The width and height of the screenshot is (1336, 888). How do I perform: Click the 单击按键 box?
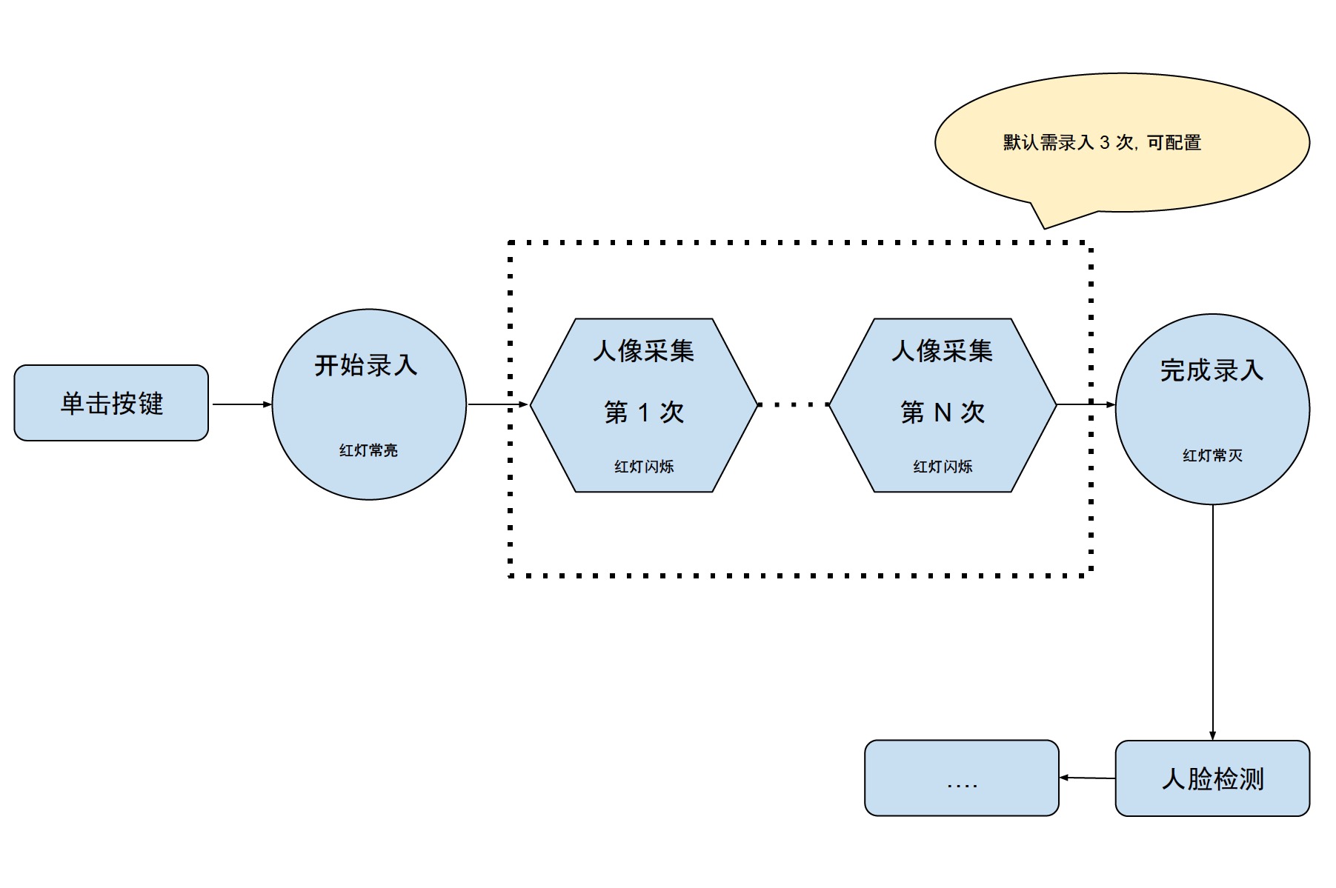(x=111, y=403)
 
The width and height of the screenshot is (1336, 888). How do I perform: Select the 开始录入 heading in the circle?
(x=366, y=365)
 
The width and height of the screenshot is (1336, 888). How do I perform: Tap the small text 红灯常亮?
(x=368, y=450)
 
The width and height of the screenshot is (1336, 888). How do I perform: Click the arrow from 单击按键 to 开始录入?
(x=242, y=404)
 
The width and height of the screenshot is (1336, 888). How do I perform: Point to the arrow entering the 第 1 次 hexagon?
(x=498, y=404)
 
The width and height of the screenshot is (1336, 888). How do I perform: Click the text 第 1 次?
(x=643, y=412)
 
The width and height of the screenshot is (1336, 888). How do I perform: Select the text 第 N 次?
(x=942, y=412)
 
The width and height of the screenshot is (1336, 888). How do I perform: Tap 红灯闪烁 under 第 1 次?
(x=643, y=467)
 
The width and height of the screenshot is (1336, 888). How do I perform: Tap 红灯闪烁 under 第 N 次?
(x=942, y=467)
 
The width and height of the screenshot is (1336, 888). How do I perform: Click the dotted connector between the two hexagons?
(x=793, y=404)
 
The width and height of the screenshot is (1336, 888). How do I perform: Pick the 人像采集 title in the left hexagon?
(x=643, y=350)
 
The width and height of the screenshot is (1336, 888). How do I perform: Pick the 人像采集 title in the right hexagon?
(x=942, y=350)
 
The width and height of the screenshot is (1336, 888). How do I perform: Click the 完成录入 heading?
(x=1212, y=370)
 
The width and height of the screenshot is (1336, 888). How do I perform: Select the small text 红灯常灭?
(x=1212, y=455)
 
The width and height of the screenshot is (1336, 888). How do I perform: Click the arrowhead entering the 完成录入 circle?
(x=1110, y=404)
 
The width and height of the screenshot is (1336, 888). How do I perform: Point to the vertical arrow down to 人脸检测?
(x=1212, y=622)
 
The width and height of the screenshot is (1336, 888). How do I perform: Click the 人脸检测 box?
(x=1212, y=778)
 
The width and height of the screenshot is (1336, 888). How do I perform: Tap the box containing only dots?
(x=961, y=778)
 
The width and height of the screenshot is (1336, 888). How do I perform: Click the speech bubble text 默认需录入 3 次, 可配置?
(x=1102, y=142)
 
